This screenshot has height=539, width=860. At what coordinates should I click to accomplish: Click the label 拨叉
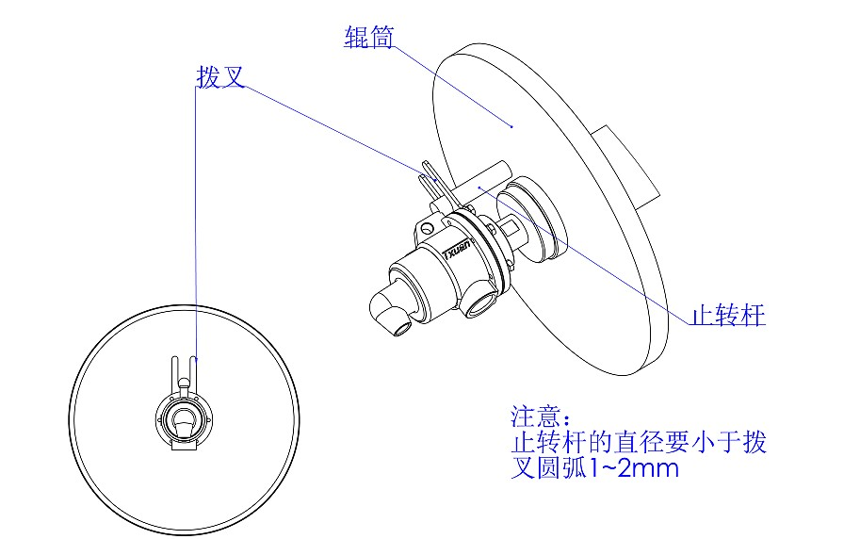click(x=219, y=78)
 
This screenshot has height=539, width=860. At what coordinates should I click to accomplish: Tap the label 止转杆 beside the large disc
click(x=728, y=316)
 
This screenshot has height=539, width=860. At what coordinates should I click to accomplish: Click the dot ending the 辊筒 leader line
click(x=511, y=124)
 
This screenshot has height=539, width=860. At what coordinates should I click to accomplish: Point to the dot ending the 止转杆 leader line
click(x=479, y=188)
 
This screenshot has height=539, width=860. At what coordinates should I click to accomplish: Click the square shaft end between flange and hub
click(x=510, y=226)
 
